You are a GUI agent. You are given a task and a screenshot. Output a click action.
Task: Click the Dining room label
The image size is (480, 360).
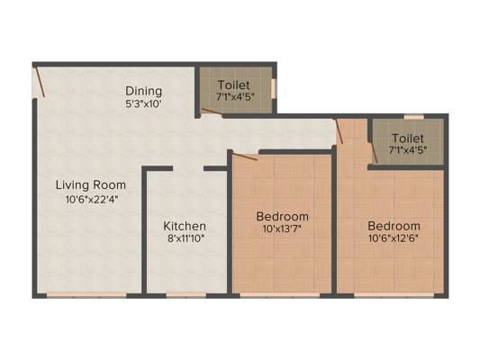[x=143, y=91]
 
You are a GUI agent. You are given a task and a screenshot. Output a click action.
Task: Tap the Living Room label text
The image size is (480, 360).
[x=91, y=184]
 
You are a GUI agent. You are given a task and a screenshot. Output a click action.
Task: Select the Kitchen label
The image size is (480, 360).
[x=185, y=226]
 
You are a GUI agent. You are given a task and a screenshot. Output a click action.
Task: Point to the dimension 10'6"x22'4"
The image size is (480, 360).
[x=92, y=199]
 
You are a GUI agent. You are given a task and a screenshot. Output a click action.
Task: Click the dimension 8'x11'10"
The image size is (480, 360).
[x=186, y=238]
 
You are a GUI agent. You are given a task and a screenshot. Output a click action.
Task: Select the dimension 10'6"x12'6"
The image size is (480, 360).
[x=394, y=238]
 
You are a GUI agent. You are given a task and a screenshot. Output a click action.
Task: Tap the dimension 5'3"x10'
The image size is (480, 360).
[x=143, y=103]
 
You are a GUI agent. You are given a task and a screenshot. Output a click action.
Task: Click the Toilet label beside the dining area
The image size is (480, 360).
[x=234, y=85]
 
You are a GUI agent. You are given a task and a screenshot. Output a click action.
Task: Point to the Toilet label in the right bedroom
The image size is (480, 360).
[x=408, y=139]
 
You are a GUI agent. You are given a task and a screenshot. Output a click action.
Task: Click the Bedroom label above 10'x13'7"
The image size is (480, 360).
[x=282, y=216]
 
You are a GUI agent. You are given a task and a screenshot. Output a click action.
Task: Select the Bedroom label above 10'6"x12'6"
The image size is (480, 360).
[x=394, y=226]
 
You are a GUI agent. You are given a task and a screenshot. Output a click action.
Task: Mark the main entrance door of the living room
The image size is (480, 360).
[x=41, y=82]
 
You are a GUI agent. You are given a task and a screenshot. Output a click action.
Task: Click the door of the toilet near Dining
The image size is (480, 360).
[x=212, y=112]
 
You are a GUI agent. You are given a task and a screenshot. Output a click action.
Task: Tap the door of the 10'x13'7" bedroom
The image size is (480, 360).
[x=245, y=157]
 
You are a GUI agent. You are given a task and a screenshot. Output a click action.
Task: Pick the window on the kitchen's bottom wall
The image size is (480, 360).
[x=186, y=295]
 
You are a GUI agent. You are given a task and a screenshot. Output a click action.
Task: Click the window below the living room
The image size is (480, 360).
[x=86, y=295]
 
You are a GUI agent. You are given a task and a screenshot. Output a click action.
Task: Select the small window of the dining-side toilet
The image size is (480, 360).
[x=275, y=89]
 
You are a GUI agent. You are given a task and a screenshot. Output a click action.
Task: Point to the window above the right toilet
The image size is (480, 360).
[x=414, y=116]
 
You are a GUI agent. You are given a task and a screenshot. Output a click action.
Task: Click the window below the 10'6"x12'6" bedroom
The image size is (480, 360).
[x=394, y=295]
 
